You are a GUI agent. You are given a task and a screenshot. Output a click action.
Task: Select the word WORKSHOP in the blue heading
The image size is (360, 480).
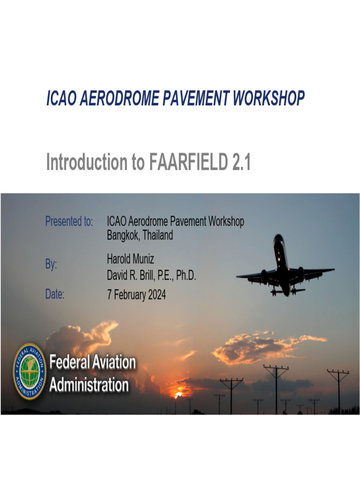tap(268, 98)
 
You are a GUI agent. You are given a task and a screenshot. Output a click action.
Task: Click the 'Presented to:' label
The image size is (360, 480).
tap(69, 222)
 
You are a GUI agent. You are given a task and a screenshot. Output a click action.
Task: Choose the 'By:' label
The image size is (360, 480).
tap(51, 265)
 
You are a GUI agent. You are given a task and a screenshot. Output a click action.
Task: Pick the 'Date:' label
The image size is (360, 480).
tap(55, 295)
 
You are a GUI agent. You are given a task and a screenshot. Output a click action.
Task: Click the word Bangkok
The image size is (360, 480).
tap(123, 236)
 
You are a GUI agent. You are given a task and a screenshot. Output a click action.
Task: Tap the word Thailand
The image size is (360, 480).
tap(157, 235)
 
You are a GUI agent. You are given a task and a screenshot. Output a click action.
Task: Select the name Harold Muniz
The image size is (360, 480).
tap(130, 259)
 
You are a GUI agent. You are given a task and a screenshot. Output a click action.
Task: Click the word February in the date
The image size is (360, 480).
tap(127, 295)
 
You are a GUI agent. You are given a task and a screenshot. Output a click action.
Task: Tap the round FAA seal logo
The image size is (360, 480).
tap(30, 371)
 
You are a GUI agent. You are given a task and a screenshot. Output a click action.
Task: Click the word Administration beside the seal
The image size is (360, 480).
tap(89, 385)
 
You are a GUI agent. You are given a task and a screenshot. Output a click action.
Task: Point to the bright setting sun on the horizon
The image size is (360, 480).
tap(178, 395)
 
